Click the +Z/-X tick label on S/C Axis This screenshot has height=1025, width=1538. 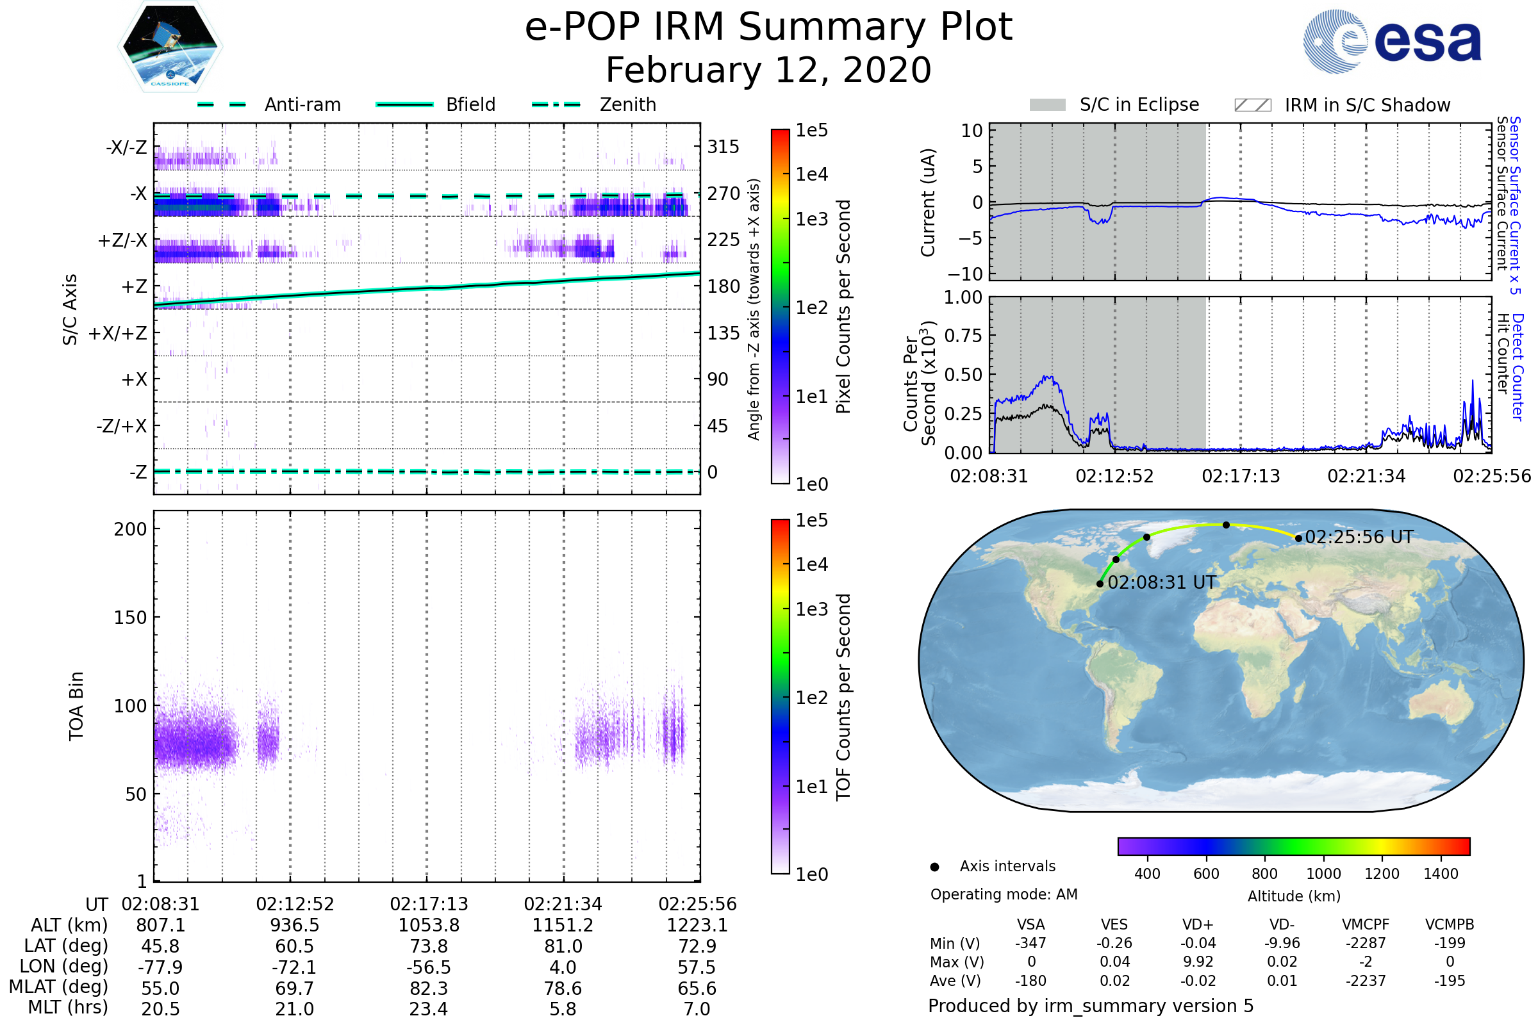122,241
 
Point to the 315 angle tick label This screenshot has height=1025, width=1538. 724,147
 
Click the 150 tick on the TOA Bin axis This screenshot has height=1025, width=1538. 130,618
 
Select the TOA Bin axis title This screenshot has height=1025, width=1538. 76,706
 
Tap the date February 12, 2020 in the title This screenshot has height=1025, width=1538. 768,70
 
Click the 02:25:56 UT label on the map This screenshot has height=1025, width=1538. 1359,537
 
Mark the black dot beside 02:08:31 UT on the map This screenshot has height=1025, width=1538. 1100,584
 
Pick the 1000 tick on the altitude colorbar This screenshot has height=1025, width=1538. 1323,874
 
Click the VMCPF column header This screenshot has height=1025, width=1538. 1366,925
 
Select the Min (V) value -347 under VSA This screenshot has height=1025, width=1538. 1030,943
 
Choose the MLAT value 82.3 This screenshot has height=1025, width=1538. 429,988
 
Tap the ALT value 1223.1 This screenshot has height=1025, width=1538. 697,926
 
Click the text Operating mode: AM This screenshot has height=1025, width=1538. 1004,894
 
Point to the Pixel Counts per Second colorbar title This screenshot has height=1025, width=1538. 843,307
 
